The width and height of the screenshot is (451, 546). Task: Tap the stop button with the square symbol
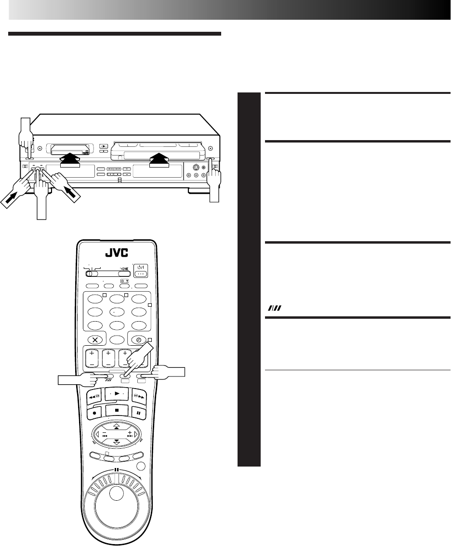point(114,410)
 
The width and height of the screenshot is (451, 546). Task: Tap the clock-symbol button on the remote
point(138,339)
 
